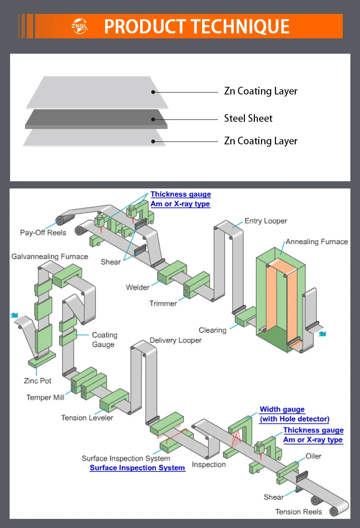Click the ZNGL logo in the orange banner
77,25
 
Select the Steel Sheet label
248,118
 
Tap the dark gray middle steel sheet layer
96,119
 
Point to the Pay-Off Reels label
43,233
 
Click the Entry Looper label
265,221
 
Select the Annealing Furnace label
316,242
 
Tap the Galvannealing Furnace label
50,257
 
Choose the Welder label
138,287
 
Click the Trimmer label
163,303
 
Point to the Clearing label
213,330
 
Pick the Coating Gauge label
104,340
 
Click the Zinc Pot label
37,381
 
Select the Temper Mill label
46,398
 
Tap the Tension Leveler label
87,418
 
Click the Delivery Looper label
176,340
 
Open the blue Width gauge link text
282,410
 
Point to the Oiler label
313,456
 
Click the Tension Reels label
299,512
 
